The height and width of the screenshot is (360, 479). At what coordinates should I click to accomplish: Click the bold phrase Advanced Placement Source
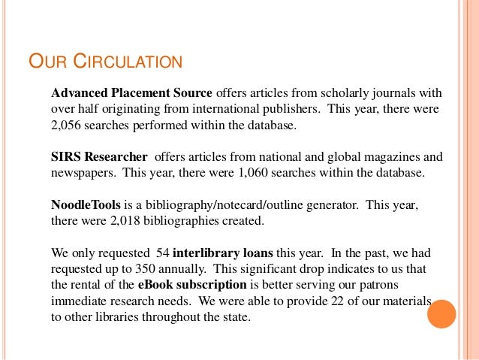[x=131, y=94]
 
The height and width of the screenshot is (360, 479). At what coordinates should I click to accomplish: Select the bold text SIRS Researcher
[x=98, y=157]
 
